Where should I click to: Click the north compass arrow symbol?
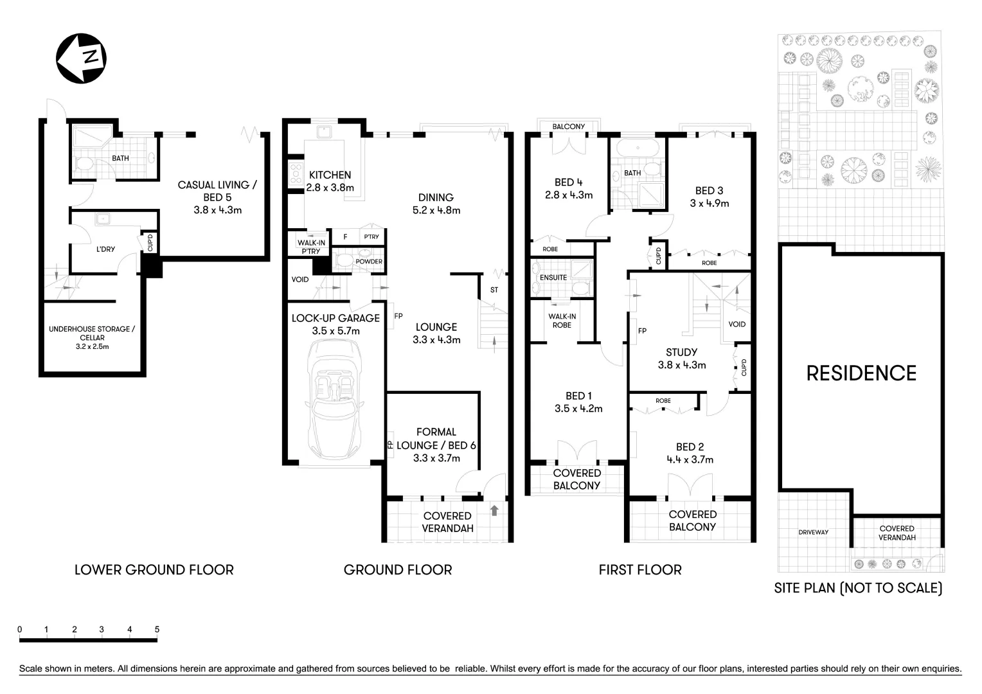[81, 58]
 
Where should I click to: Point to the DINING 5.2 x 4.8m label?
[436, 204]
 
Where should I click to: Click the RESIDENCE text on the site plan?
[861, 373]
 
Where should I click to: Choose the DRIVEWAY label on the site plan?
[813, 532]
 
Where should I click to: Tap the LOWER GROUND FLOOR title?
[154, 570]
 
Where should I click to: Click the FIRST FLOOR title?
[640, 570]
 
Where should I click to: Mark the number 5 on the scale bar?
[157, 630]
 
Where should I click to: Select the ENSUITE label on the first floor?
[553, 278]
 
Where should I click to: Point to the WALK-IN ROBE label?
[562, 321]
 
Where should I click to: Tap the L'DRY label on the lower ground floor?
[105, 249]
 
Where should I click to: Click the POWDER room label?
[369, 262]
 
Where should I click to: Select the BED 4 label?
[568, 188]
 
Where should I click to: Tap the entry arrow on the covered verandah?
[494, 511]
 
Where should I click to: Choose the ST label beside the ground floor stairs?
[494, 290]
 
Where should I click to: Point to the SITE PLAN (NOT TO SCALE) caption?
[859, 588]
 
